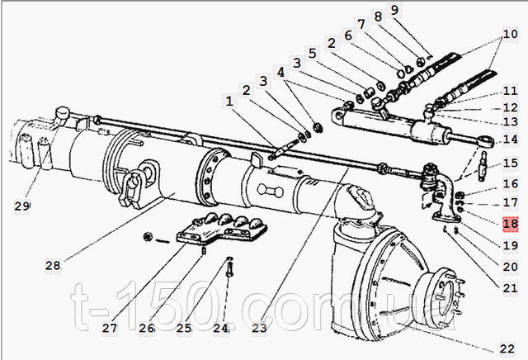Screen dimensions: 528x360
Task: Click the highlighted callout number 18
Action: (510, 224)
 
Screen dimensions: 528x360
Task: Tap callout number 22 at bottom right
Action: (507, 349)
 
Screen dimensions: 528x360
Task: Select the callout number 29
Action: (22, 206)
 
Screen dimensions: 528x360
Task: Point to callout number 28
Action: (53, 266)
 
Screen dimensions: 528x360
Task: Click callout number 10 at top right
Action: (510, 34)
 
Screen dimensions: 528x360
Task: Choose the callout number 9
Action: (394, 10)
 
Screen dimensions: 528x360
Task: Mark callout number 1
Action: (229, 101)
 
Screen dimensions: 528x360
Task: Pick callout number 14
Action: (510, 140)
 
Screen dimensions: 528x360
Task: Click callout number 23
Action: (259, 328)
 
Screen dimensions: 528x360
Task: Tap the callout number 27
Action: (110, 328)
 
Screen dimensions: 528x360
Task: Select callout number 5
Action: (313, 54)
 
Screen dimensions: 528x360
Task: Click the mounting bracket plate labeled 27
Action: (222, 230)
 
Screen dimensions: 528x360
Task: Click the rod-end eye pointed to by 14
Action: (486, 141)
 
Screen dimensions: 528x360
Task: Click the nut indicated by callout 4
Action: (317, 127)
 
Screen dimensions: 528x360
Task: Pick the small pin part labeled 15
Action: (483, 165)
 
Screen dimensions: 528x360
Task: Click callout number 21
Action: (510, 288)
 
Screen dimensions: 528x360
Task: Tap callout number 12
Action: (510, 107)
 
